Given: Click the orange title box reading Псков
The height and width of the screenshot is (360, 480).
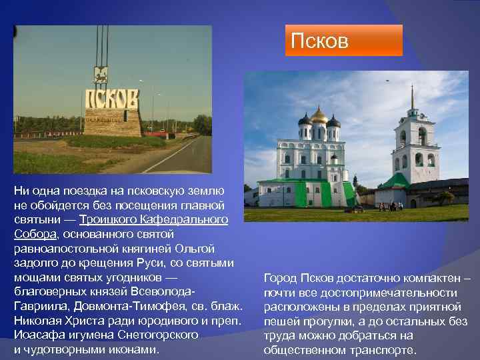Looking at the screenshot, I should tap(343, 41).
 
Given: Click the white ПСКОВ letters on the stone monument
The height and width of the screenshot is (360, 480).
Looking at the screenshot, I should tap(111, 101).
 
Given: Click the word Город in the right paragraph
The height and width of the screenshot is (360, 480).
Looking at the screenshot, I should tap(279, 278).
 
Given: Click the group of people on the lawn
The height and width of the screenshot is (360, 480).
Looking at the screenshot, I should tap(391, 206).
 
